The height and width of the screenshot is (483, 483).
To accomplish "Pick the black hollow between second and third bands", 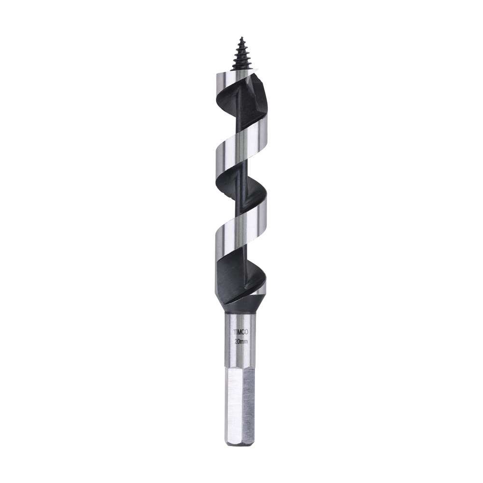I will click(x=232, y=186).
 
